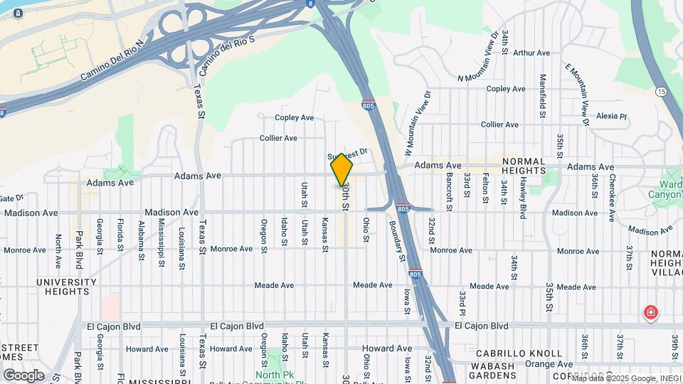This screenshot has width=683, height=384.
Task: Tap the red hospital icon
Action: pos(650,312)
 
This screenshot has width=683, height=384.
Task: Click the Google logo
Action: pos(23,375)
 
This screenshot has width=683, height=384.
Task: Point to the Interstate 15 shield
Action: pos(661,92)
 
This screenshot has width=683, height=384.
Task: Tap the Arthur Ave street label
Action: pos(531,53)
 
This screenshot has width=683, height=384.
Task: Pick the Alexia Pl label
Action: pos(611,116)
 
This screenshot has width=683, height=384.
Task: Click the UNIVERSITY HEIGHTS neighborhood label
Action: pos(66,287)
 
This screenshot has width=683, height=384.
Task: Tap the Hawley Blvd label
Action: pos(522,197)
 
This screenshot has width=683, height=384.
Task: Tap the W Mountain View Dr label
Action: pos(418,123)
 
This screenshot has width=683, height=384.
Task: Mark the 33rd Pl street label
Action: pos(462,304)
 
